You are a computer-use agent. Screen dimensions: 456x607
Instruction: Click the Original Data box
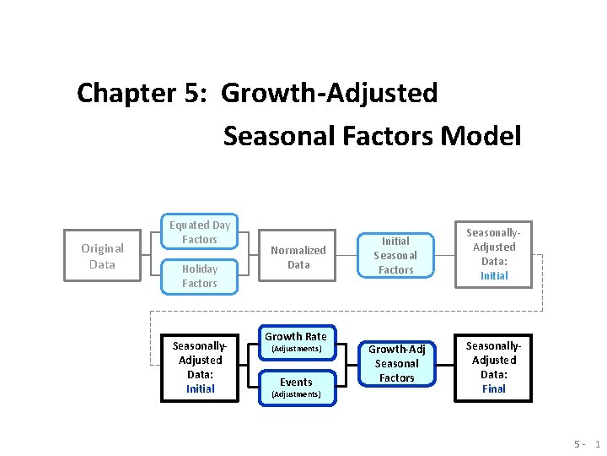(102, 256)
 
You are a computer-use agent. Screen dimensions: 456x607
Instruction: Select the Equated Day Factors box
(200, 232)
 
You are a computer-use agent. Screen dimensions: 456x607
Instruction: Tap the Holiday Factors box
(200, 276)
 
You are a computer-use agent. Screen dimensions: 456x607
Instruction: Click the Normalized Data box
(298, 257)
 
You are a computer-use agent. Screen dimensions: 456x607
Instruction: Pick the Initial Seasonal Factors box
(395, 255)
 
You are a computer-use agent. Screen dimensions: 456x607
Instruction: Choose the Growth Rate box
(296, 341)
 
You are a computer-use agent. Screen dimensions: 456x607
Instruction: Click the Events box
(296, 387)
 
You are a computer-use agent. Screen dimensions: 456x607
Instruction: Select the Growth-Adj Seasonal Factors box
(396, 363)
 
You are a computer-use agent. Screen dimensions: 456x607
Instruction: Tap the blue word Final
(494, 389)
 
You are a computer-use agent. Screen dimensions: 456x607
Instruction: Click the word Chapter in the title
(120, 93)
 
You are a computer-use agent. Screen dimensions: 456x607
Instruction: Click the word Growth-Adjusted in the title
(330, 93)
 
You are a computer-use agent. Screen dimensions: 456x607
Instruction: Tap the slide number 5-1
(587, 444)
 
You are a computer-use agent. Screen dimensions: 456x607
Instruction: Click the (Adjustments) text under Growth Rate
(296, 349)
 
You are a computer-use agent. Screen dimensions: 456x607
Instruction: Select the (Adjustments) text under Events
(296, 394)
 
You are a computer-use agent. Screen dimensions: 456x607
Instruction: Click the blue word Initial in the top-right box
(494, 276)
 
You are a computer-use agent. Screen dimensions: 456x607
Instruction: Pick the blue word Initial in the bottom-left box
(200, 389)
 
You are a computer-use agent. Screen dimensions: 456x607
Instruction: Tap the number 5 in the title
(191, 93)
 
